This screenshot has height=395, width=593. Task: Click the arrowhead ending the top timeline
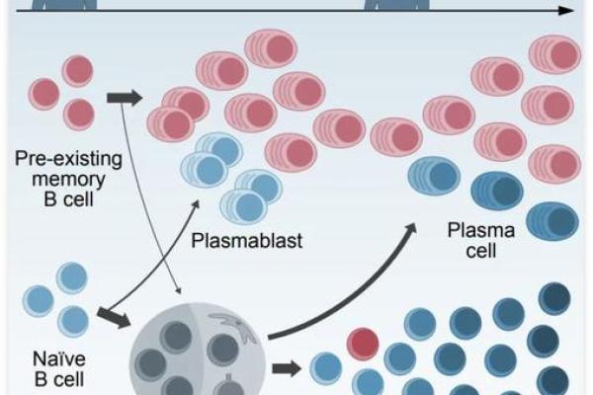[x=564, y=11]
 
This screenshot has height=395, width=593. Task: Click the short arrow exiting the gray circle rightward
[x=286, y=369]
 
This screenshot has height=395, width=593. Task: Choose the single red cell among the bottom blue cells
[x=362, y=344]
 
